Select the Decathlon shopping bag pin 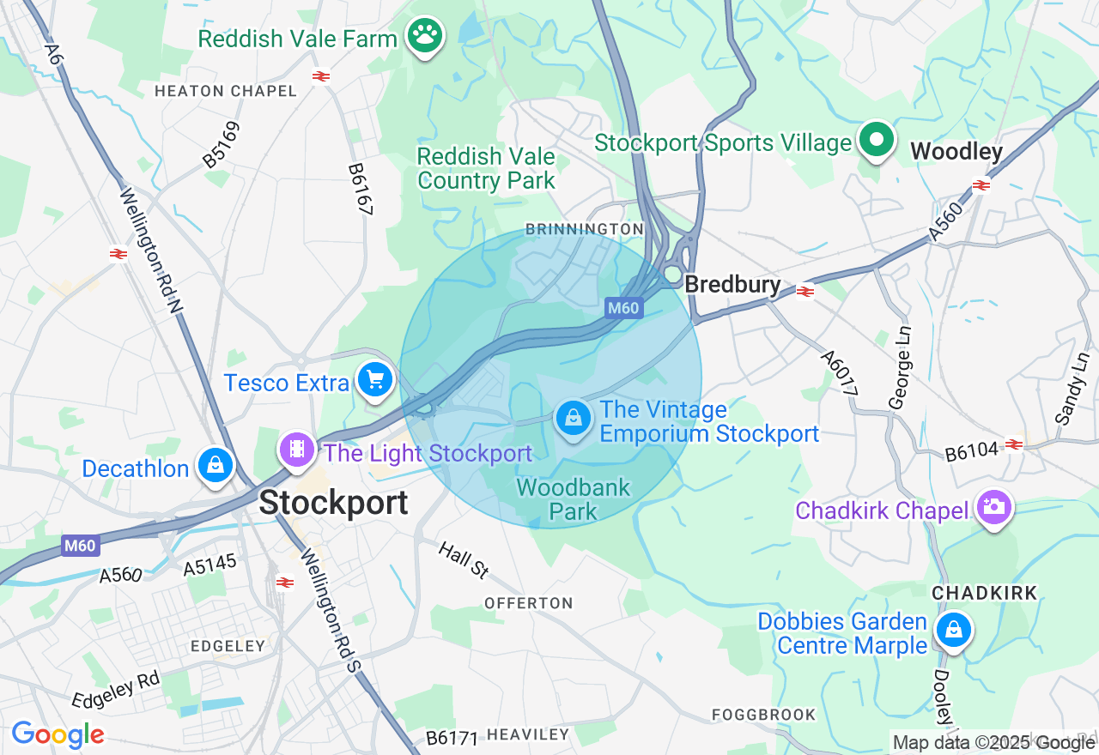215,465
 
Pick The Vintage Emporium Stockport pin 573,419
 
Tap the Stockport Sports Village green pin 876,140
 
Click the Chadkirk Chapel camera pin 994,508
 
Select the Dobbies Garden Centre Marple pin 953,631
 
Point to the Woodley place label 956,152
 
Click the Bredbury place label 732,285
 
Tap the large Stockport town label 333,503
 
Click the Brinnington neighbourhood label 584,229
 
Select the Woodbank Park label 574,499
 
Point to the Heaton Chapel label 225,91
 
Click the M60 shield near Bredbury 624,308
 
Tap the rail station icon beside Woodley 981,185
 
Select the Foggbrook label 763,715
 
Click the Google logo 58,734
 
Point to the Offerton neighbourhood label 528,603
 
